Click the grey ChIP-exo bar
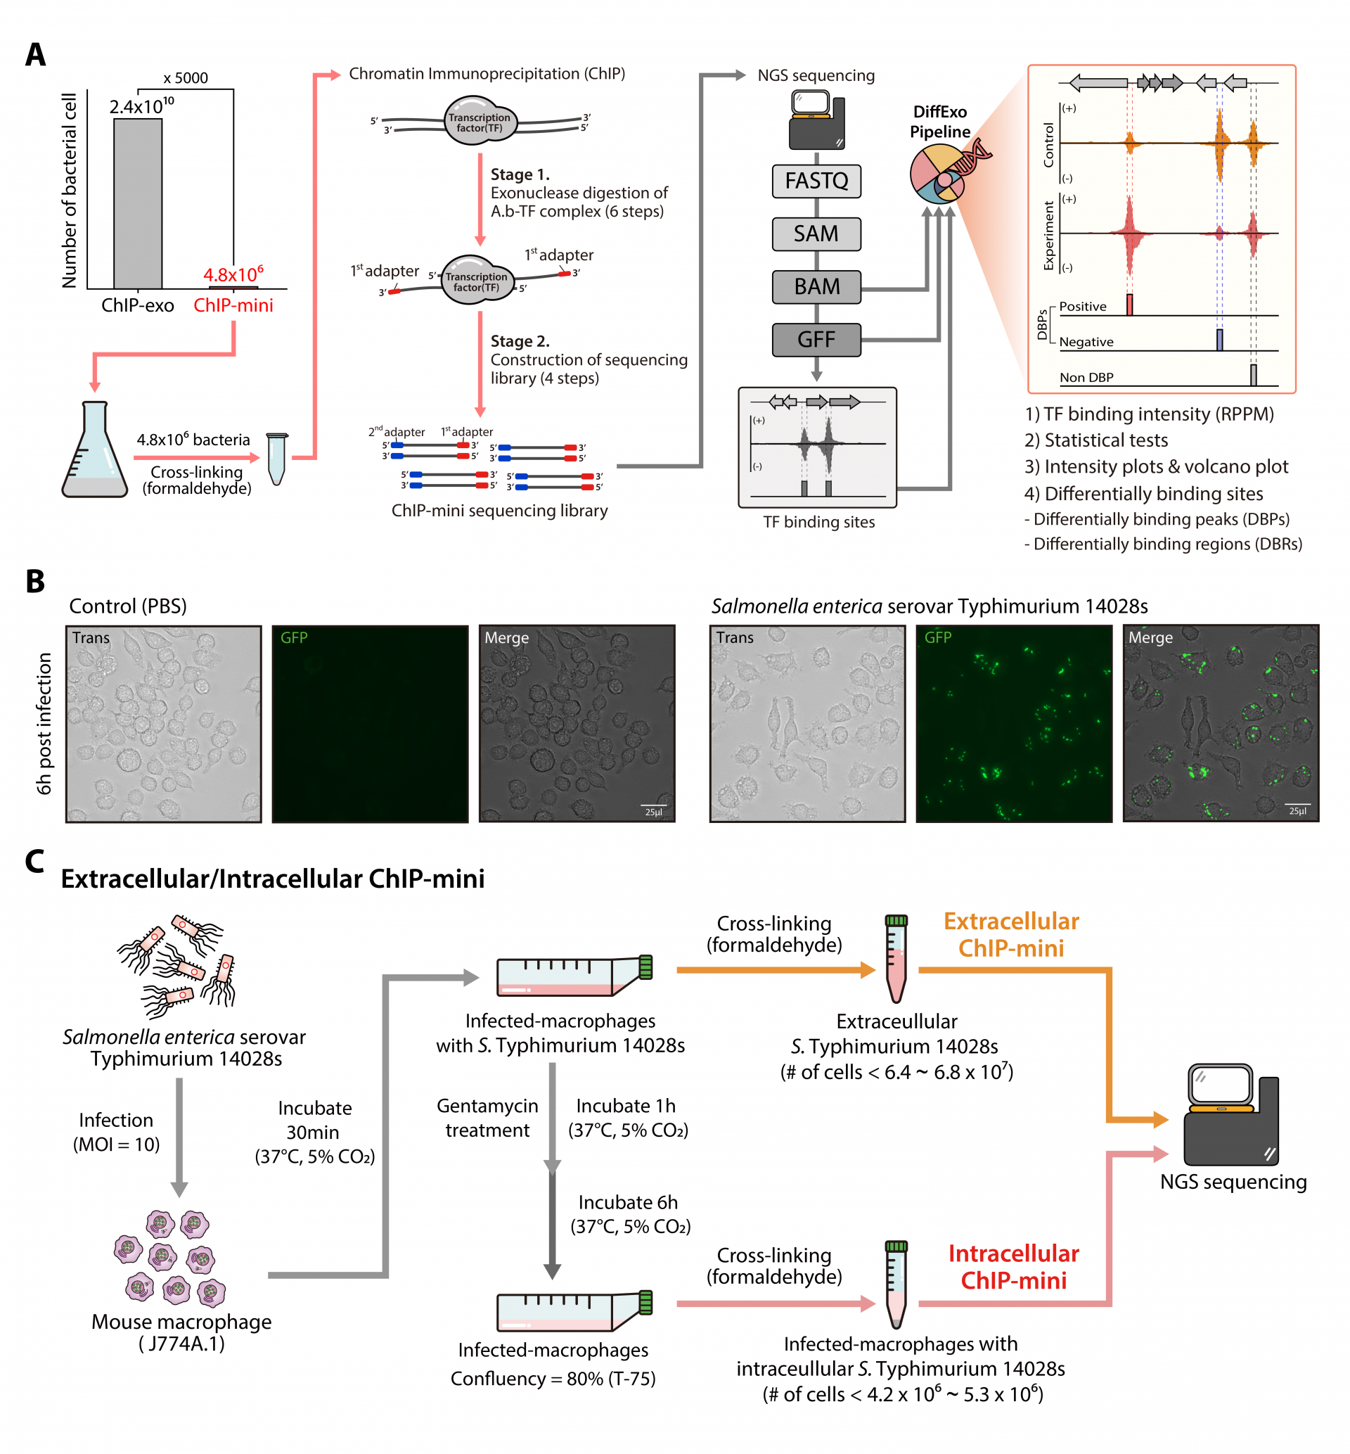(x=137, y=203)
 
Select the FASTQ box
(x=816, y=181)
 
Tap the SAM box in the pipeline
(x=816, y=234)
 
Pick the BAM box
(x=816, y=286)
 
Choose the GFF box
(x=816, y=340)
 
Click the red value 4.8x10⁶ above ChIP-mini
(x=233, y=275)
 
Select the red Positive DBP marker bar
(x=1129, y=304)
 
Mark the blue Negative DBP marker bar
(x=1219, y=340)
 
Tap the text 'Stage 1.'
(x=520, y=174)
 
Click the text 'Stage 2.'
(x=520, y=341)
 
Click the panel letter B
(x=35, y=582)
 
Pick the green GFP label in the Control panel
(x=294, y=638)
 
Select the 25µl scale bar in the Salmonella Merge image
(x=1297, y=808)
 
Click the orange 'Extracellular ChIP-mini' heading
(x=1011, y=934)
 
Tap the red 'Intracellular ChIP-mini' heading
(x=1013, y=1267)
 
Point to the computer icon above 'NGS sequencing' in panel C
(x=1231, y=1114)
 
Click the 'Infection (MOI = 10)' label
(x=116, y=1132)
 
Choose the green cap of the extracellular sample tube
(x=896, y=921)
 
